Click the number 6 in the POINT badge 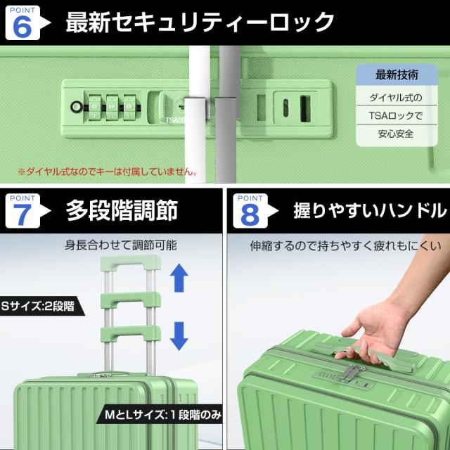[22, 27]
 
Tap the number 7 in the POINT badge [22, 214]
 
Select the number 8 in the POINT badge [250, 214]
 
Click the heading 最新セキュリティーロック [200, 22]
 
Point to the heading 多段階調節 [122, 210]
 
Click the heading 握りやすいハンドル [371, 210]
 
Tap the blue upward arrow [179, 278]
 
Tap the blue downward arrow [179, 336]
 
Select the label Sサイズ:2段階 [38, 307]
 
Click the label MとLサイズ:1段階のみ [163, 415]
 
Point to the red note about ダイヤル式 [108, 172]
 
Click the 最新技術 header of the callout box [397, 75]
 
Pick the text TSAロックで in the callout [396, 115]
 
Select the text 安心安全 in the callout [396, 134]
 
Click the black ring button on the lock [76, 107]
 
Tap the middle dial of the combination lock [112, 108]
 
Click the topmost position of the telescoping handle [131, 262]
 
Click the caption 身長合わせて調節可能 [121, 245]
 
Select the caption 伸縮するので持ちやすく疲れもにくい [345, 246]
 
